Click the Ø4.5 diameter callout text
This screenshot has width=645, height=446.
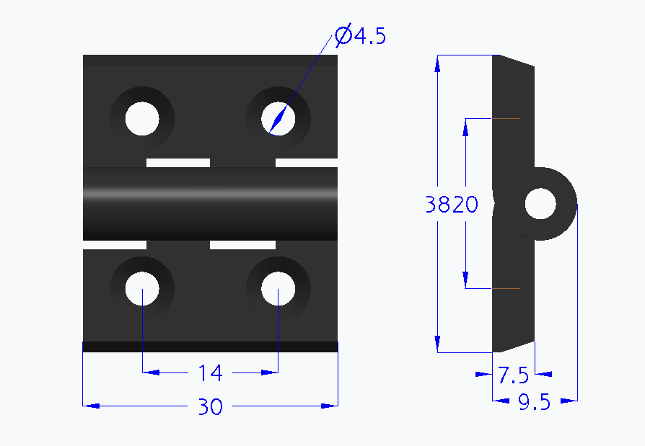tap(361, 36)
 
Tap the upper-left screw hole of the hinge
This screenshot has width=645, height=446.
tap(141, 118)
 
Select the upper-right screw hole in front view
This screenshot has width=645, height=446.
tap(278, 118)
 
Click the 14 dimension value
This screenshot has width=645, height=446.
tap(210, 373)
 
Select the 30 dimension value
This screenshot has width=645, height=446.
tap(210, 407)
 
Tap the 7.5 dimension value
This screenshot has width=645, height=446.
tap(513, 375)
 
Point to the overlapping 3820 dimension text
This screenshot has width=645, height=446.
tap(452, 205)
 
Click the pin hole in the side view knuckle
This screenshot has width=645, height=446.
tap(540, 204)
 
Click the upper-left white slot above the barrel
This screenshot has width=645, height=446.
tap(178, 162)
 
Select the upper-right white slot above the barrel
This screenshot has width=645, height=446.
tap(307, 162)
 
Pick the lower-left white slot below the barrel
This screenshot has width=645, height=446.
tap(115, 245)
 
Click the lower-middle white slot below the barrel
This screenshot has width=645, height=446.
tap(242, 245)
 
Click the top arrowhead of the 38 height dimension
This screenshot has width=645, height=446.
tap(437, 64)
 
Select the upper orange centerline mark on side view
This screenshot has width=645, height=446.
tap(506, 118)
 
